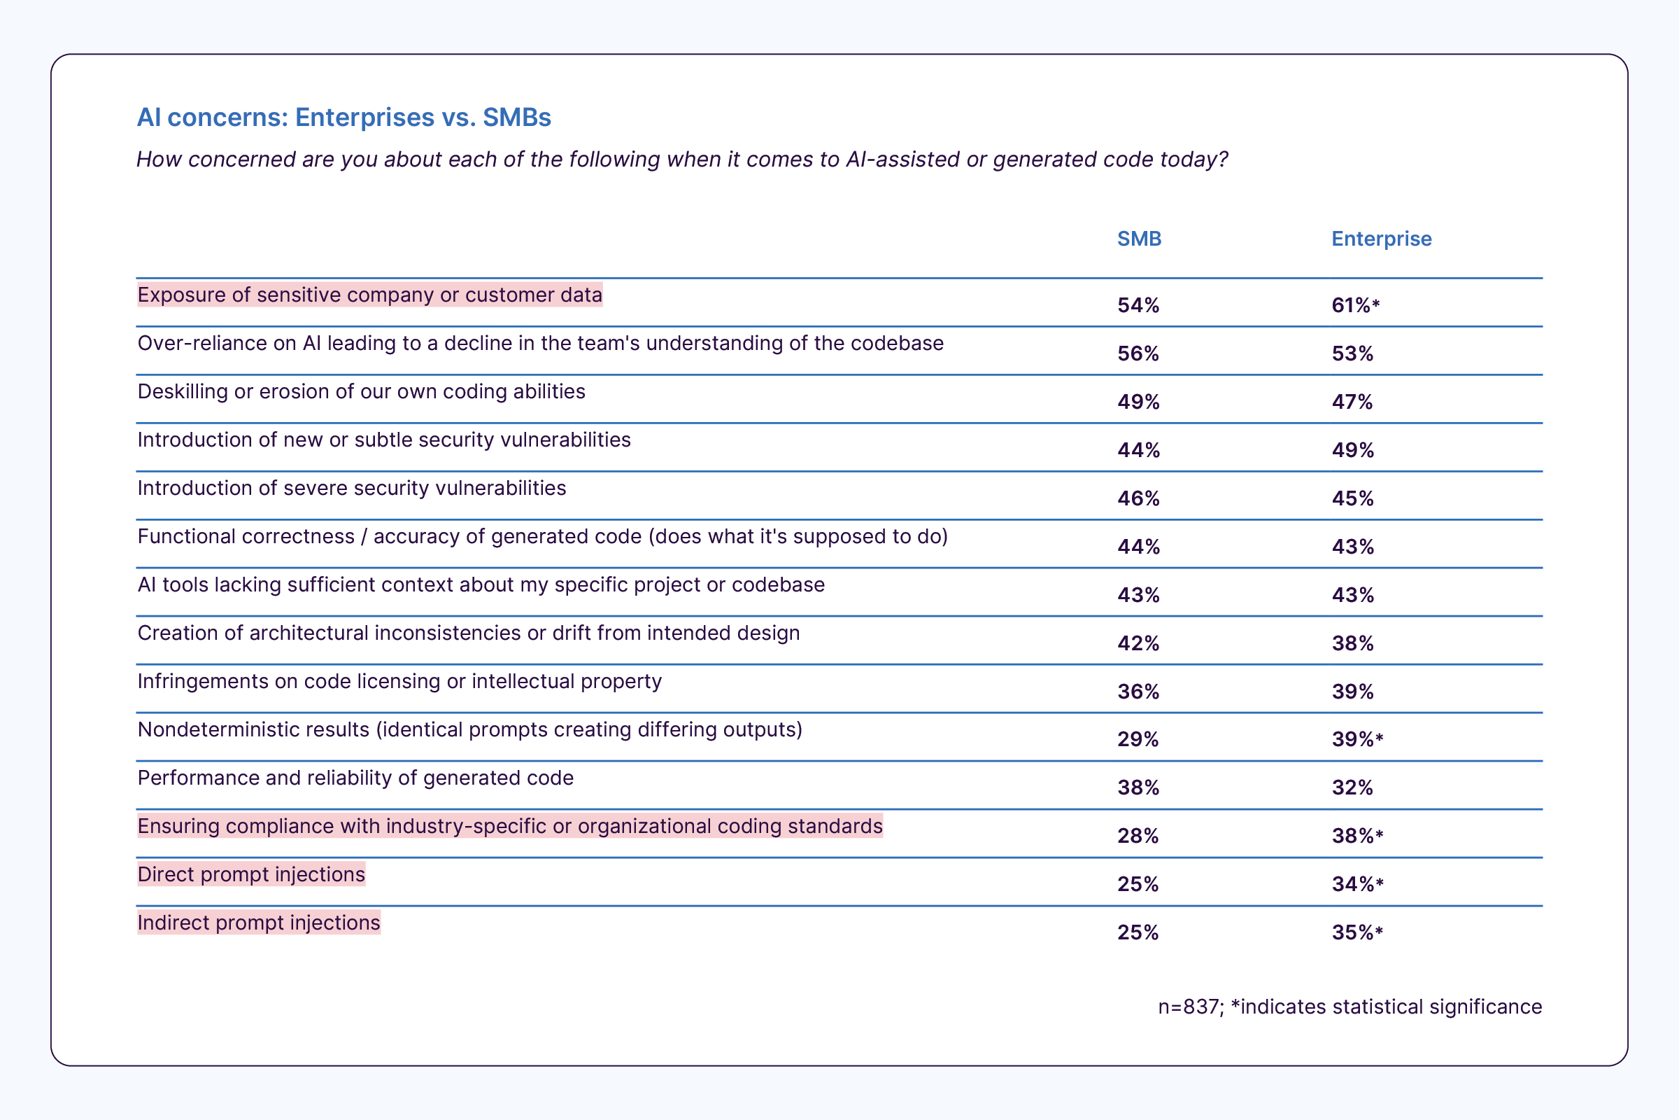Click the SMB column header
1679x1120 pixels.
1139,239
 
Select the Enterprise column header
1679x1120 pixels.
1380,239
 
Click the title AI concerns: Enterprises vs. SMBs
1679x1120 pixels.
343,117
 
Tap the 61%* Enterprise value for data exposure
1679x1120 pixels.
1355,306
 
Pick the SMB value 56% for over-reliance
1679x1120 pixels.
1138,353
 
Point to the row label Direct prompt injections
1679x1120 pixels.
251,874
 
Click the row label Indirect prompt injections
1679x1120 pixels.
258,922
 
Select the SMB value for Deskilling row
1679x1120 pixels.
1138,402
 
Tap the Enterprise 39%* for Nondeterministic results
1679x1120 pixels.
1356,739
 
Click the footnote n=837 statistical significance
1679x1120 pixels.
1349,1007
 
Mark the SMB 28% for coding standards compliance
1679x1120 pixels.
1138,836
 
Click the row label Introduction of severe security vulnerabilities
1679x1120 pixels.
351,488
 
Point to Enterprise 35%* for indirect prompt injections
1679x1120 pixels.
1356,933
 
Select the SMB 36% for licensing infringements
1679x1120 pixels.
1138,692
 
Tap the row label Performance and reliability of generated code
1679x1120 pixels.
355,778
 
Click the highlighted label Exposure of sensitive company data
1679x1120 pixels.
370,295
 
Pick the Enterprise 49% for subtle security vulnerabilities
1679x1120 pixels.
1352,450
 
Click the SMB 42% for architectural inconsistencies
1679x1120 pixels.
1138,643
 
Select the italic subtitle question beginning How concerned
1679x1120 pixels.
681,160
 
